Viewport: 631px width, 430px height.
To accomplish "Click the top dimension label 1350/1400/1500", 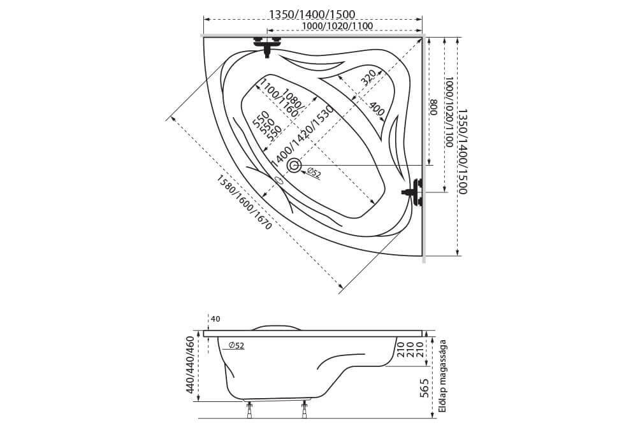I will tap(312, 15).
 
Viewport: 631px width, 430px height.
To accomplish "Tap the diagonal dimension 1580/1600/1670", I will tap(245, 202).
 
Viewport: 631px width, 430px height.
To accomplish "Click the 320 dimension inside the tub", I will tap(368, 78).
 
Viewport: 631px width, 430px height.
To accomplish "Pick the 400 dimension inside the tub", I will tap(377, 110).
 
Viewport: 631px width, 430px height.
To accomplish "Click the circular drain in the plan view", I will tap(294, 166).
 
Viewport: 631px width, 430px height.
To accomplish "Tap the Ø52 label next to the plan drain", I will tap(313, 173).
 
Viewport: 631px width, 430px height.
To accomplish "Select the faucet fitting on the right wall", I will tap(414, 192).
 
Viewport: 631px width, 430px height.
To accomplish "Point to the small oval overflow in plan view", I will tap(279, 180).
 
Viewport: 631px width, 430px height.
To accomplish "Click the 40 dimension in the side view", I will tap(215, 319).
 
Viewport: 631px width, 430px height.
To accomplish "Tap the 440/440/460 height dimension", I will tap(190, 364).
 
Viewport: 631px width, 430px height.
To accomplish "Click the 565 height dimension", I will tap(423, 388).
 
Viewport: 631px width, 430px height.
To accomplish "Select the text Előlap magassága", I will tap(442, 376).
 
